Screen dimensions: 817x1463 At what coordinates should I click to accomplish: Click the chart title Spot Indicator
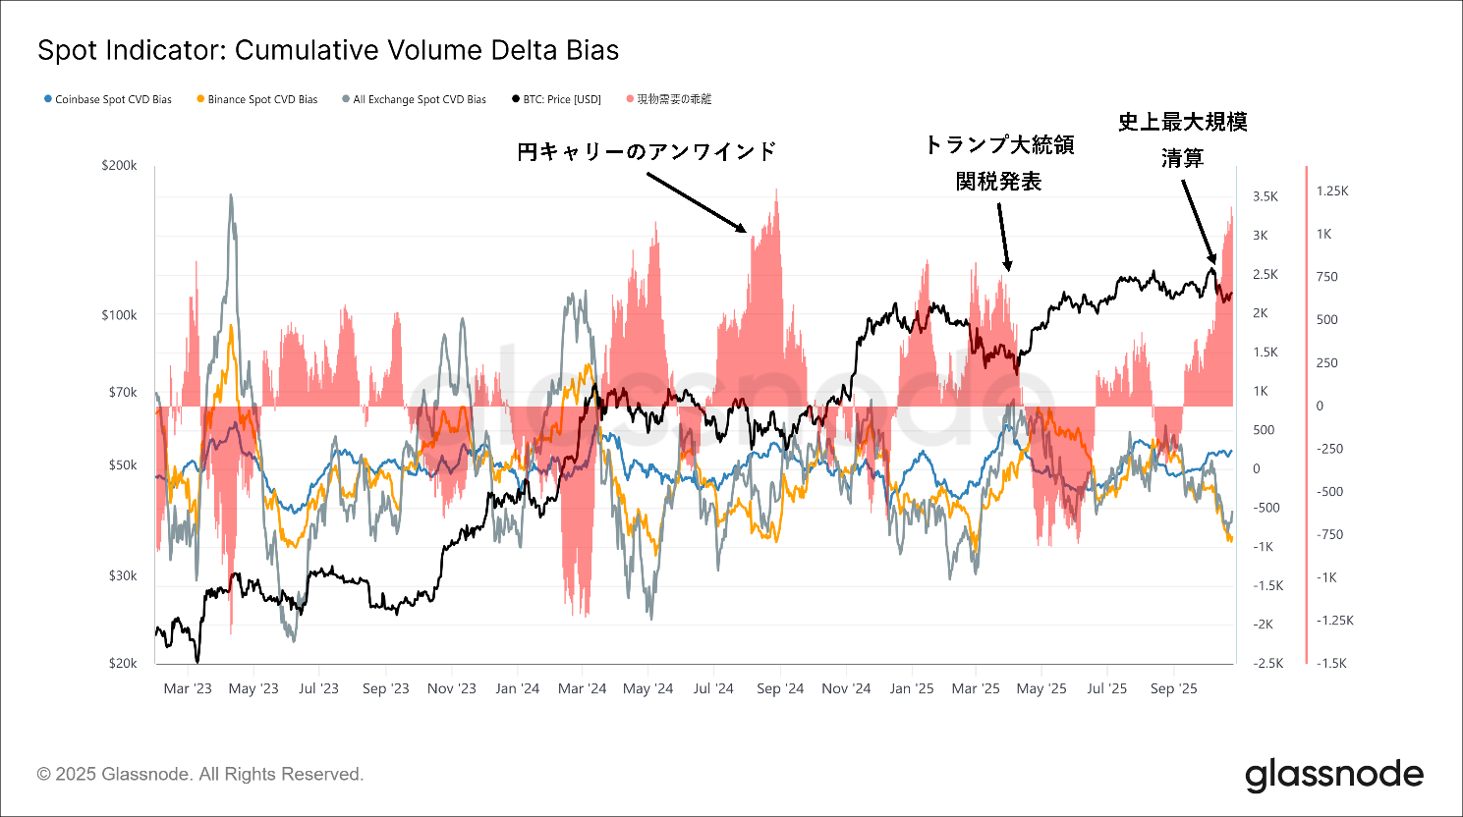click(328, 51)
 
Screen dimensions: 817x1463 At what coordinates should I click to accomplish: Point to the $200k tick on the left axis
click(120, 166)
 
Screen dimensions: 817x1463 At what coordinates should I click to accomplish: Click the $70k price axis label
click(123, 392)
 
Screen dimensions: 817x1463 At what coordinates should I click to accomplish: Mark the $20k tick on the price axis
click(123, 663)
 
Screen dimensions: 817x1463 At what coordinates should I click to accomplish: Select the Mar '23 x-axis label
click(188, 688)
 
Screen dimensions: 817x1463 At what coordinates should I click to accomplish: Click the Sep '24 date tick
click(780, 688)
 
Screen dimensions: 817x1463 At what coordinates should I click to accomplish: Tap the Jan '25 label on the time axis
click(912, 688)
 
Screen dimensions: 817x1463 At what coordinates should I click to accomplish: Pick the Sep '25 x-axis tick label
click(1174, 688)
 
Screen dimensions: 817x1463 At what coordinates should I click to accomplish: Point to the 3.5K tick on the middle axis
click(1266, 196)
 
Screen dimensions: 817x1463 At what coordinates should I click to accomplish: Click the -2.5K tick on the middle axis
click(1267, 663)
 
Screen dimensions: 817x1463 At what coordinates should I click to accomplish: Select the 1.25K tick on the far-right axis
click(1332, 191)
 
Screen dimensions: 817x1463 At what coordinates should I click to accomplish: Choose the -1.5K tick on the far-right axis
click(1331, 663)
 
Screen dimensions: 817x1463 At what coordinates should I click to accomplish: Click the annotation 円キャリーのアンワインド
click(647, 151)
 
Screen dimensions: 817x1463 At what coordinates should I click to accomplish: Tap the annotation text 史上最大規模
click(1183, 122)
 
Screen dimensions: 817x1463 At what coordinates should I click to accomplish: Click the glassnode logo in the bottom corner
click(1334, 775)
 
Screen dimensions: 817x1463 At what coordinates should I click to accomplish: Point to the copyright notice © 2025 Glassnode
click(200, 774)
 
